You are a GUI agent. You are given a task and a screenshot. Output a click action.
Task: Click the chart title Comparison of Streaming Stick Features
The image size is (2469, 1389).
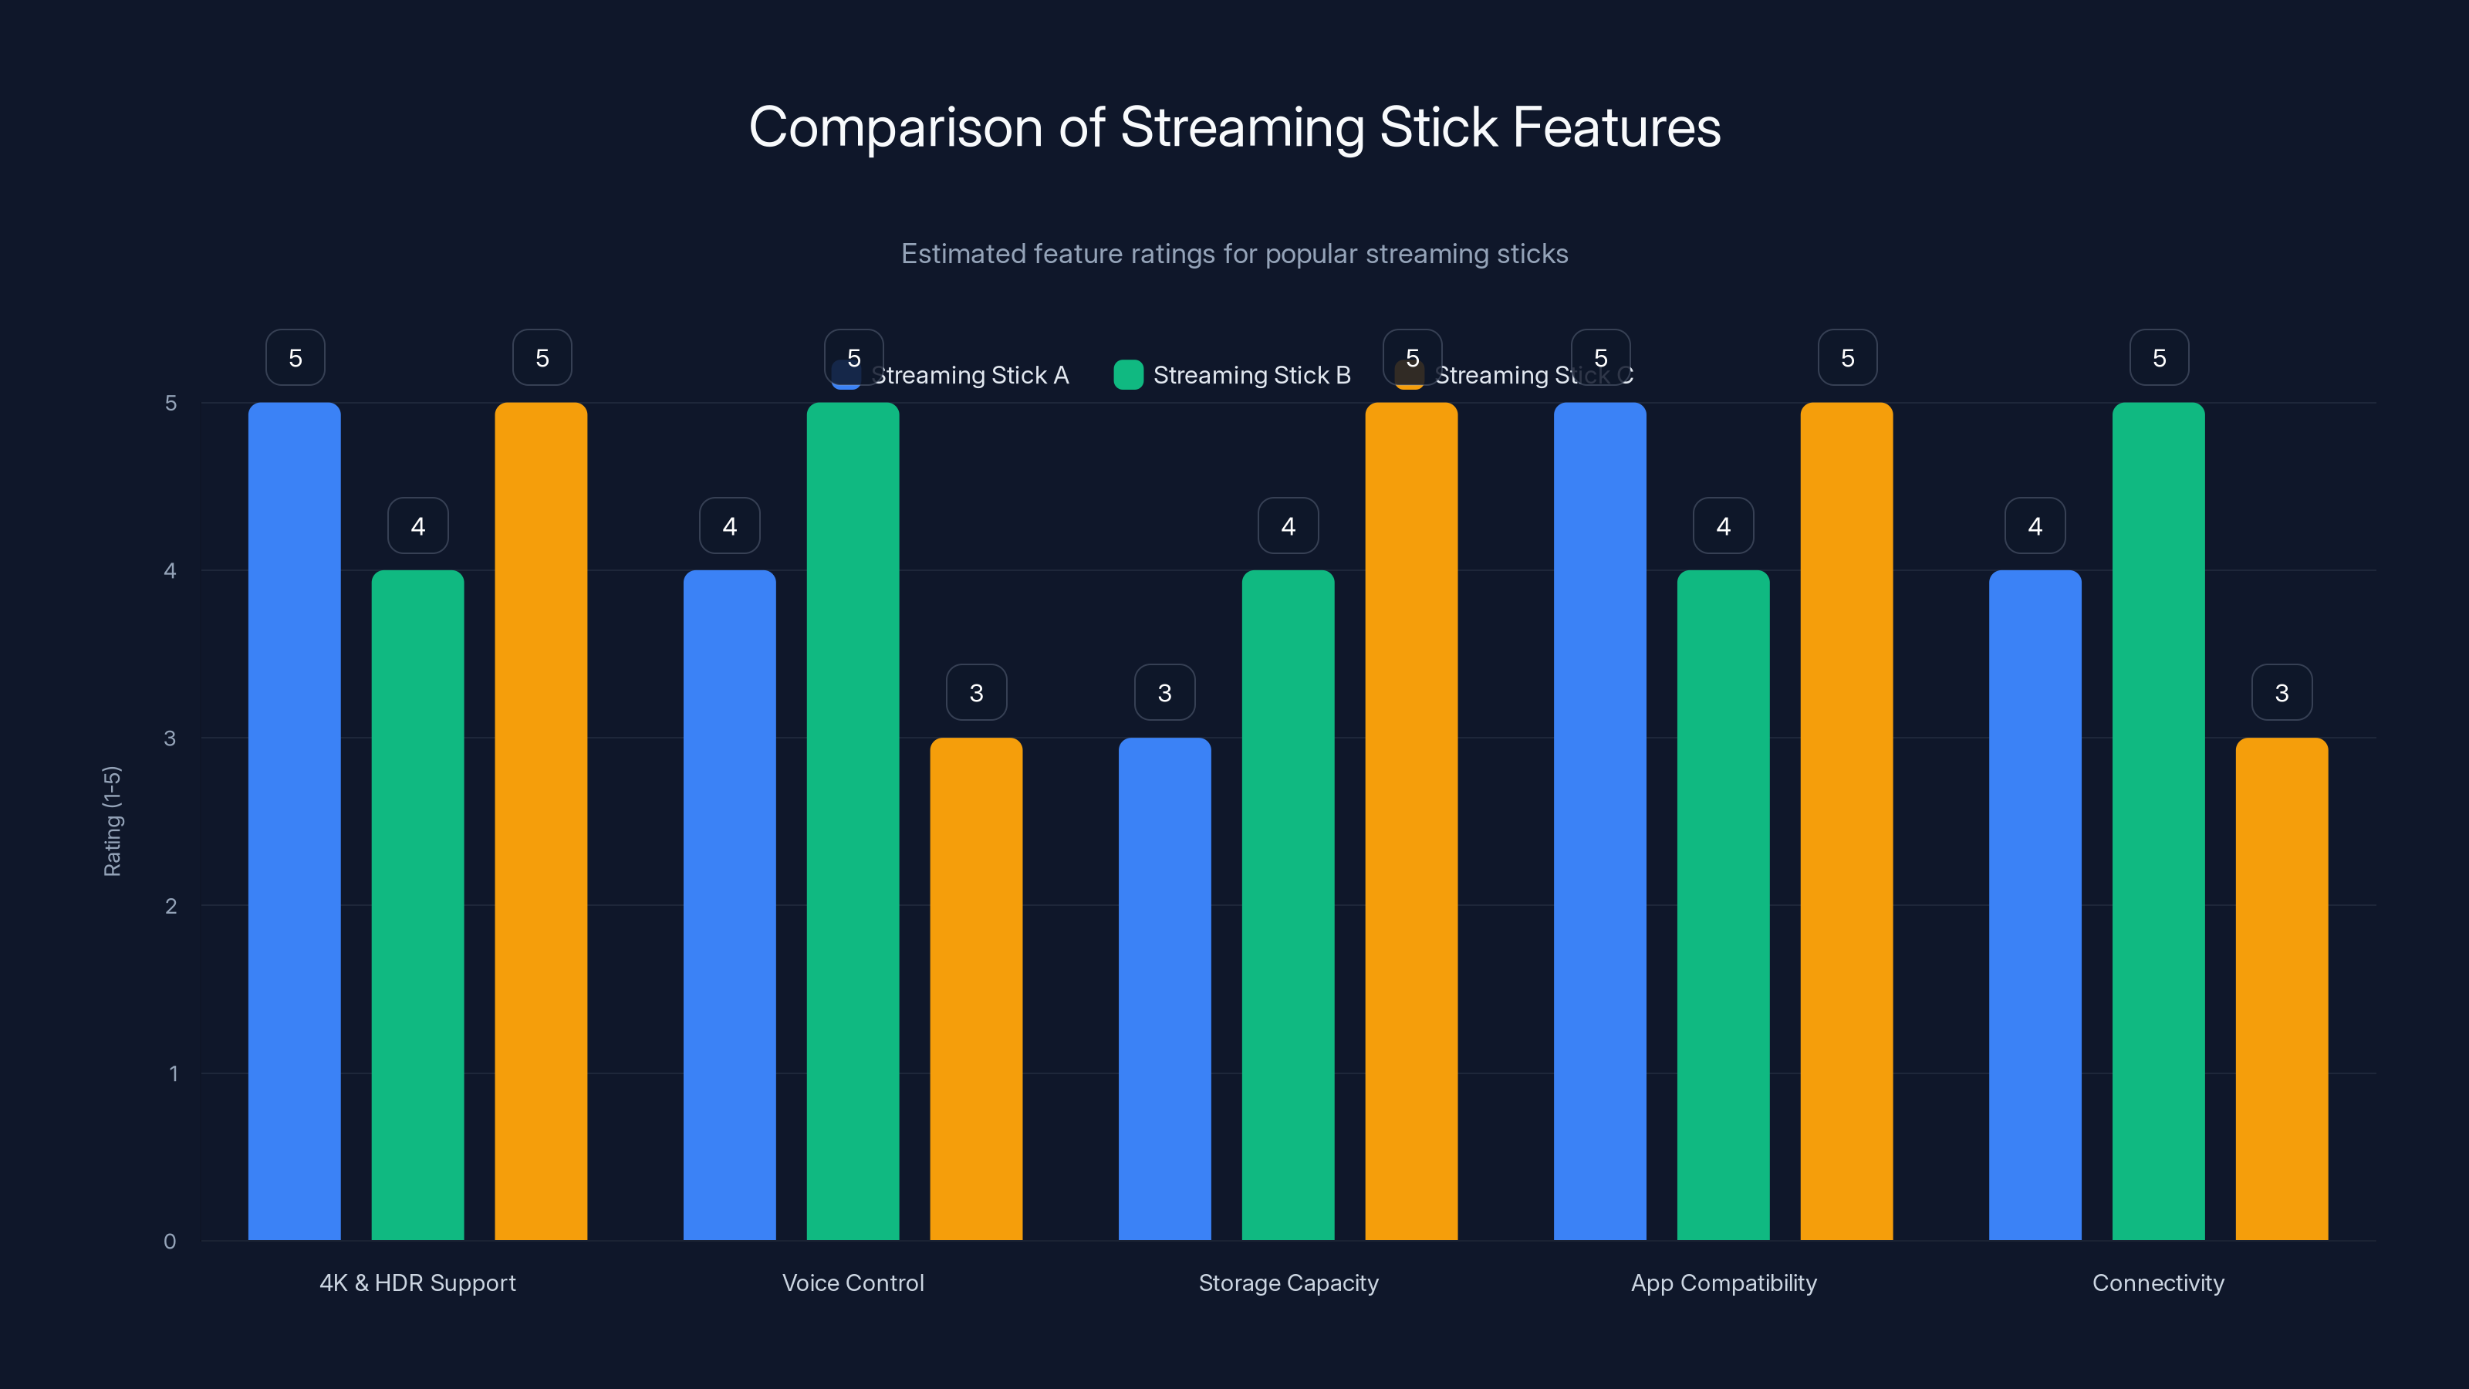coord(1234,127)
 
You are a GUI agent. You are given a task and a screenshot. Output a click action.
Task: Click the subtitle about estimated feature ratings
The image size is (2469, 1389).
coord(1234,254)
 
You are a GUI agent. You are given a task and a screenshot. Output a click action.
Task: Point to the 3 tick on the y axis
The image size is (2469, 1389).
coord(170,738)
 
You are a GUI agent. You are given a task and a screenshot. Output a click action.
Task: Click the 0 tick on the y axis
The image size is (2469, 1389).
coord(170,1242)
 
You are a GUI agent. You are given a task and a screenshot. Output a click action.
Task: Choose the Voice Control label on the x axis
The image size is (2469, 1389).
coord(853,1283)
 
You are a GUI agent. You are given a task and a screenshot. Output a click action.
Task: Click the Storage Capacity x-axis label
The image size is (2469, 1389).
coord(1289,1283)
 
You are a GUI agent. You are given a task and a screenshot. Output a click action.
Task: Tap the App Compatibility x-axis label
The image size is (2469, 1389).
coord(1724,1283)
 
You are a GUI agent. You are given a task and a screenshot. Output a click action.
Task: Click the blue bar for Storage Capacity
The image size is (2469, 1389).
coord(1164,988)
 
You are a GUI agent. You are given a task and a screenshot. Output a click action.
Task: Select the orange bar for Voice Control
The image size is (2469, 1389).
coord(976,988)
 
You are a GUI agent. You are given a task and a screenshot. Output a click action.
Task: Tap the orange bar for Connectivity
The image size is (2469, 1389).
coord(2282,988)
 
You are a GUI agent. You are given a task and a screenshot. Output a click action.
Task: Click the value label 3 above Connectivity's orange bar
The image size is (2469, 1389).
coord(2282,692)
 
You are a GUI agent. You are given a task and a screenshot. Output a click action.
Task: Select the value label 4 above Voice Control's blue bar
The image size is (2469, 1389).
coord(729,526)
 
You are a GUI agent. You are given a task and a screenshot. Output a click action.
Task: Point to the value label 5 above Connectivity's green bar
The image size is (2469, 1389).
coord(2159,357)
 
